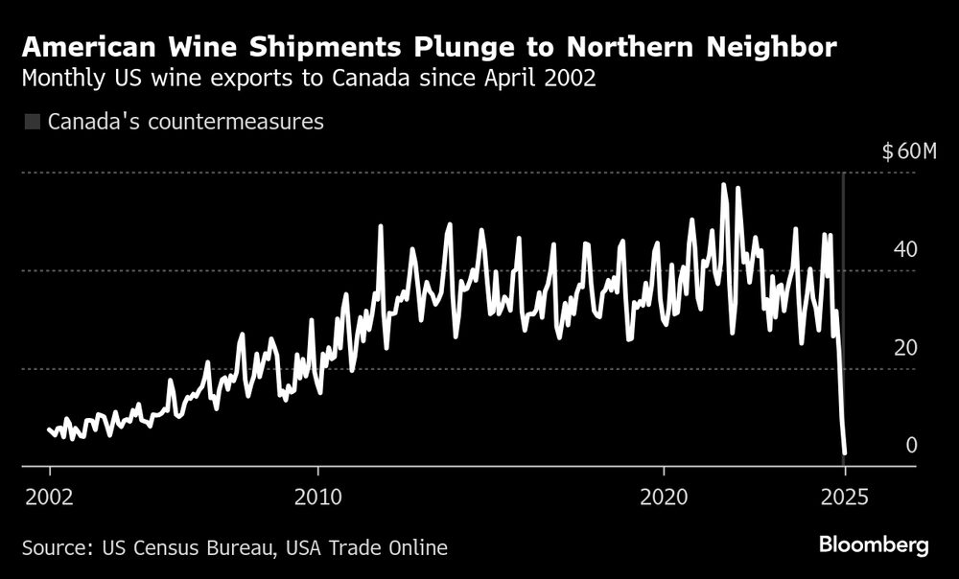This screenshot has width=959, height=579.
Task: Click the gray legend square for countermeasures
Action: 32,122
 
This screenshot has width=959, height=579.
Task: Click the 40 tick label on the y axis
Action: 905,249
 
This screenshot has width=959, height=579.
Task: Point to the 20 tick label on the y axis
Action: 905,347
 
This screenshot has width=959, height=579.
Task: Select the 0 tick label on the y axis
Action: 911,445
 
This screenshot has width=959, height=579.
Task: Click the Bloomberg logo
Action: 874,545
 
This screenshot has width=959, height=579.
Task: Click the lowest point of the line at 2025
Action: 845,452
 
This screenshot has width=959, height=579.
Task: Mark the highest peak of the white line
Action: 724,184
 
